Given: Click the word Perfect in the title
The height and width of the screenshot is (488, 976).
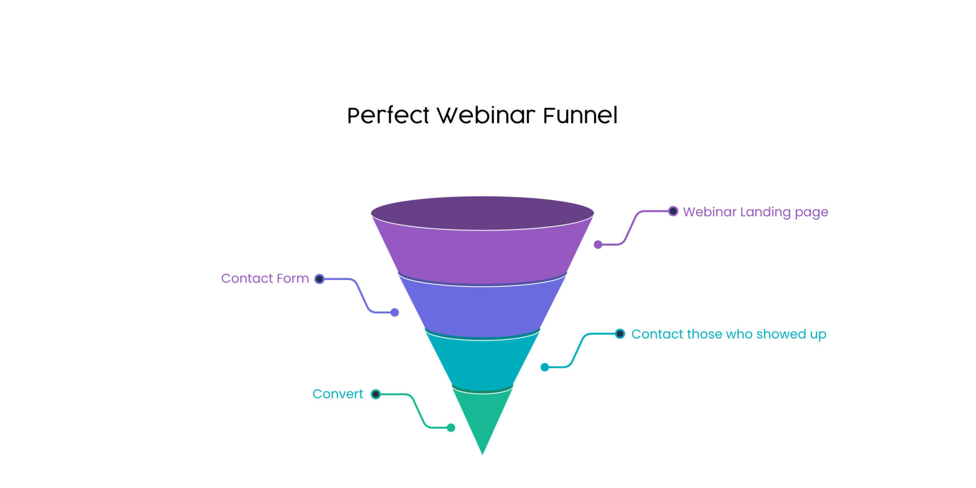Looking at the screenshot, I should coord(388,116).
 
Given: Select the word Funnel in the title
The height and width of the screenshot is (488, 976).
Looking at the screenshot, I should coord(580,115).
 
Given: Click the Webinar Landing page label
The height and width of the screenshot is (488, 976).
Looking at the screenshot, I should coord(755,212).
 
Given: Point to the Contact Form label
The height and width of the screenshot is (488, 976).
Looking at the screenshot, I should coord(265,278).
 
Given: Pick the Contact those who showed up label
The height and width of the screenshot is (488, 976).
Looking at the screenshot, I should coord(728,334).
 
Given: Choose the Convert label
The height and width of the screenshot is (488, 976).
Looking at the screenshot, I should coord(338,394).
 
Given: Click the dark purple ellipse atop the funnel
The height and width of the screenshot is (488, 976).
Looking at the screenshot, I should coord(482,213).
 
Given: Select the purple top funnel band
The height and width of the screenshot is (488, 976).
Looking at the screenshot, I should coord(482,254).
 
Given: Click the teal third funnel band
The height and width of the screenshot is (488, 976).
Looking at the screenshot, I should coord(482,363).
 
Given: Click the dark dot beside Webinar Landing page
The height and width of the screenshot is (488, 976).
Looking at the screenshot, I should coord(673,211).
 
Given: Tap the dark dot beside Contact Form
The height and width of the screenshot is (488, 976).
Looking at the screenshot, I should coord(319,279).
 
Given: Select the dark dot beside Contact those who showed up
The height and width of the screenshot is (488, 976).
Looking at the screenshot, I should coord(620,334).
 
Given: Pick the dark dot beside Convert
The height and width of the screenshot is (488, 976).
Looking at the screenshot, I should coord(376,394).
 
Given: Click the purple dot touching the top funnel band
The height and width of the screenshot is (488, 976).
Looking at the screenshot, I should coord(598,245).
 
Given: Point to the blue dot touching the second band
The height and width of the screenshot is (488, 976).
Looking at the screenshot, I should coord(394,312).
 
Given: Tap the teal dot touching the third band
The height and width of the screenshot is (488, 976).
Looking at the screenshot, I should coord(545,367).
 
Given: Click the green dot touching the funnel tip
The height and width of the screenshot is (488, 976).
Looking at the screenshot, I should coord(451,428).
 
